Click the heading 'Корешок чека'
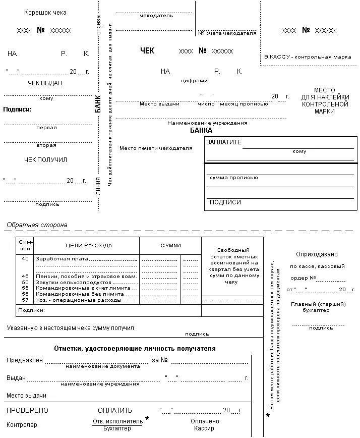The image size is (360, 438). (45, 13)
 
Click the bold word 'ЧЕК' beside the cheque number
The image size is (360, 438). (147, 51)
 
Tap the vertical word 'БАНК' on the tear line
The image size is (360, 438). (98, 103)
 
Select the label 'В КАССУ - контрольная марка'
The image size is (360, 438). (308, 57)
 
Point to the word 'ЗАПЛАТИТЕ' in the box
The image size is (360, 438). (224, 142)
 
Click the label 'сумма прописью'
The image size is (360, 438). (233, 178)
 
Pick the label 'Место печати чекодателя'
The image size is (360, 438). (156, 148)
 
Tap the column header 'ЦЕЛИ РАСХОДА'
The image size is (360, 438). (89, 246)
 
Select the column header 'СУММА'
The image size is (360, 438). (171, 246)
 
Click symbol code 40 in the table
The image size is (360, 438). (25, 258)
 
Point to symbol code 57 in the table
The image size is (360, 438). (25, 300)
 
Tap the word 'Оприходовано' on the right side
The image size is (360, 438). (317, 254)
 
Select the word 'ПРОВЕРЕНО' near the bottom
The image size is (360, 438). (27, 410)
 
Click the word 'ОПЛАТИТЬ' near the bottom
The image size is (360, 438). (115, 410)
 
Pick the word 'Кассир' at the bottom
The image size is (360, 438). (204, 428)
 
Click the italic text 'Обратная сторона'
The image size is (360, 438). (37, 225)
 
